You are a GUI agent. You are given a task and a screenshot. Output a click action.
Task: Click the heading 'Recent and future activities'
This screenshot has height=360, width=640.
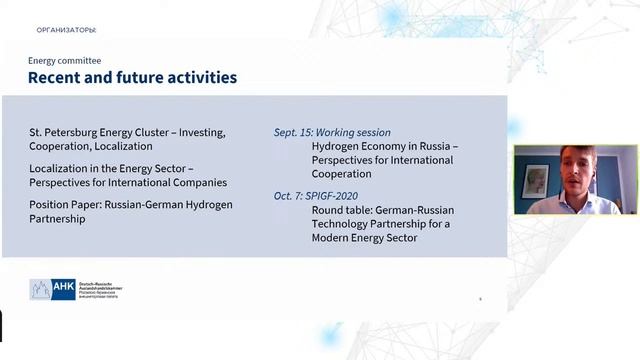click(x=132, y=77)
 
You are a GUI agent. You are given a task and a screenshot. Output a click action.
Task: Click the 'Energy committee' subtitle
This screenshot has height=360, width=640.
click(x=64, y=61)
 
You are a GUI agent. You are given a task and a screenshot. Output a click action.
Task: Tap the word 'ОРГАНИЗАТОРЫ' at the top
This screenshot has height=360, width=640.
click(x=66, y=30)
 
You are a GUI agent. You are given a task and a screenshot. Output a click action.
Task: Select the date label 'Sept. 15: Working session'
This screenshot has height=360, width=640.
click(x=332, y=132)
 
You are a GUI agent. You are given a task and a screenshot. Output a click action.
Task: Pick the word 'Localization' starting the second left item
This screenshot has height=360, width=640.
click(x=60, y=168)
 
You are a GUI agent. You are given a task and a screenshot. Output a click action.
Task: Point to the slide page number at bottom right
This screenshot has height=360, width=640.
click(x=480, y=298)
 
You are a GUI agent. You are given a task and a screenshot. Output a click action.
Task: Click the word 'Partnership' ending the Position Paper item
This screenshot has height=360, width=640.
click(x=58, y=218)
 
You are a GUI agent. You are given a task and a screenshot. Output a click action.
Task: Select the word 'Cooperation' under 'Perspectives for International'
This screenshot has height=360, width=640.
click(x=342, y=174)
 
